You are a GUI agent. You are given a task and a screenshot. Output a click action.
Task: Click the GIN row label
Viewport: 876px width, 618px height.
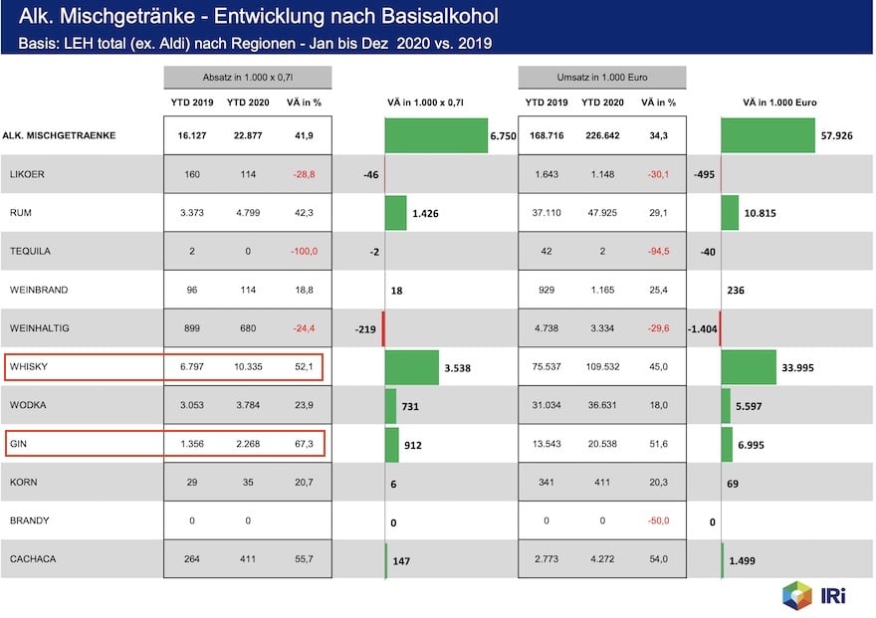coord(18,444)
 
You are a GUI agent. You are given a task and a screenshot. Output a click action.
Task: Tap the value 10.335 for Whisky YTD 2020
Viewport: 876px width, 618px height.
coord(246,367)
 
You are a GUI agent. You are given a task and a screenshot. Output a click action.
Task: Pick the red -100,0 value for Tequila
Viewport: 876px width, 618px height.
coord(303,252)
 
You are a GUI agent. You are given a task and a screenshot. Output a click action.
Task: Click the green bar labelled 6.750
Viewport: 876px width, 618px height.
coord(436,135)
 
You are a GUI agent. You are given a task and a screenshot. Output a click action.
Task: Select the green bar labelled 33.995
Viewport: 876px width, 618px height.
coord(749,367)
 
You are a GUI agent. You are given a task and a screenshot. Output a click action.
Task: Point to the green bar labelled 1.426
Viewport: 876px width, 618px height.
coord(396,213)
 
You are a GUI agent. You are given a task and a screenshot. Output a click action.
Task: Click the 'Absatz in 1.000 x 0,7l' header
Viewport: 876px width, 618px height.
coord(247,78)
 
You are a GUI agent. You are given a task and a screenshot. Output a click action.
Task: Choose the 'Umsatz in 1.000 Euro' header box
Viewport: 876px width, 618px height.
coord(602,78)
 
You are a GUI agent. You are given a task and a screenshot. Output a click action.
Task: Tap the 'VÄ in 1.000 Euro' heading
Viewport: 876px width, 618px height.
coord(779,103)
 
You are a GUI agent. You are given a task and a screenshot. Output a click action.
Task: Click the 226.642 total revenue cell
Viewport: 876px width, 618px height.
coord(602,135)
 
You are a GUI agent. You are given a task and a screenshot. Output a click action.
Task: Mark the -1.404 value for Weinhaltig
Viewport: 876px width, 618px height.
coord(702,328)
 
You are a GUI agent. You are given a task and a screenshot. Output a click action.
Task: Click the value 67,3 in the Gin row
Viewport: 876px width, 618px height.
coord(305,444)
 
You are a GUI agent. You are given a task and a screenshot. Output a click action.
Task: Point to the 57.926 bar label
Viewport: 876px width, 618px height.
coord(839,135)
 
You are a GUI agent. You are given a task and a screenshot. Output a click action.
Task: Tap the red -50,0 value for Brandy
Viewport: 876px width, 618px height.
coord(658,521)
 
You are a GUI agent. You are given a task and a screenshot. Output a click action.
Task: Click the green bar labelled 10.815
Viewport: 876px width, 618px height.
coord(730,213)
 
